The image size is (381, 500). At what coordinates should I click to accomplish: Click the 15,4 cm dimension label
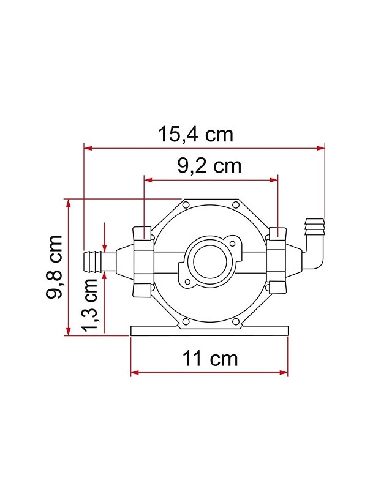[196, 133]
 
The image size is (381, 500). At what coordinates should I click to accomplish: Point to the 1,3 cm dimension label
[91, 304]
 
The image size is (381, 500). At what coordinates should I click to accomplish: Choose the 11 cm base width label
[209, 358]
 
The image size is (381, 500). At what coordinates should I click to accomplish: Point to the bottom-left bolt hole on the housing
[185, 321]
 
